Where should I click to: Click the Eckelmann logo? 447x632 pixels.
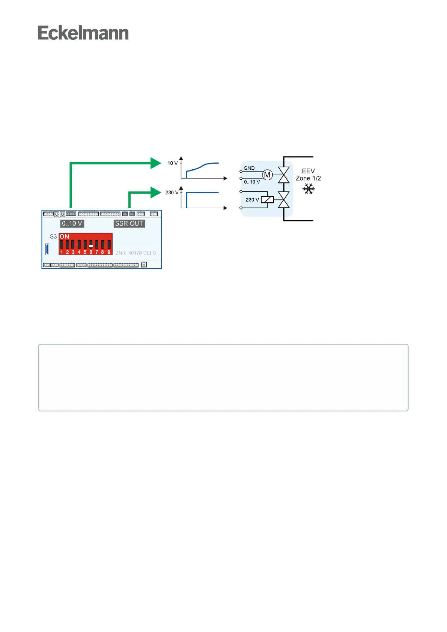(83, 33)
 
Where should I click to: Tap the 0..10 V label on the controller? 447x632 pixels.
(72, 224)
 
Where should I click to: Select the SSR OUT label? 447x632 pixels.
(129, 224)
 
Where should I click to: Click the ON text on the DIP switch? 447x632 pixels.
(65, 236)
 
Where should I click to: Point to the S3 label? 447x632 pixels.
(53, 236)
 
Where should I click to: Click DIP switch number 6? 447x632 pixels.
(91, 245)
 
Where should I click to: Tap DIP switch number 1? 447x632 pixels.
(62, 245)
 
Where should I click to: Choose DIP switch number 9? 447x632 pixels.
(109, 245)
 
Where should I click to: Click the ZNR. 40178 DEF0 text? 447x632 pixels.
(135, 253)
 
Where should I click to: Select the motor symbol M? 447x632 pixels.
(267, 175)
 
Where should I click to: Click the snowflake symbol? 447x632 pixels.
(309, 189)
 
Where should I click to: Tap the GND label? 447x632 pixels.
(249, 168)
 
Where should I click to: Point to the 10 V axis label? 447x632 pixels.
(173, 163)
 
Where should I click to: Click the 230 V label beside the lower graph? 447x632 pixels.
(172, 193)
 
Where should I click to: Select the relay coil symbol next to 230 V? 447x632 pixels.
(267, 200)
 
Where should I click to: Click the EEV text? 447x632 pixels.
(309, 171)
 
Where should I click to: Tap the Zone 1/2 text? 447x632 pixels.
(309, 178)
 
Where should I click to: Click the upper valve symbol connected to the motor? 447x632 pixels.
(283, 175)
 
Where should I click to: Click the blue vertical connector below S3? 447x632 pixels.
(47, 249)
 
